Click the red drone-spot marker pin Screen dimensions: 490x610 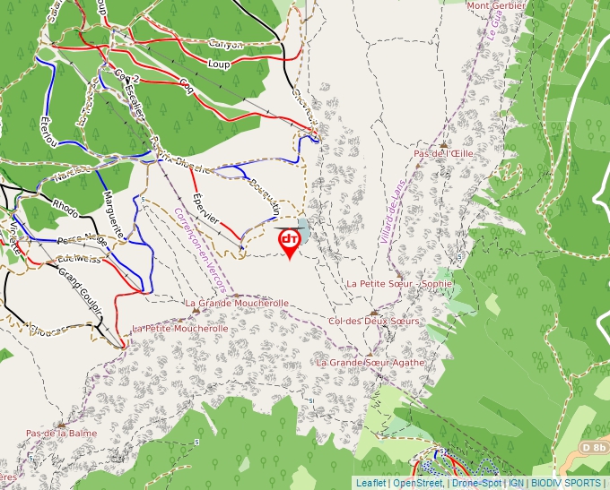pos(290,241)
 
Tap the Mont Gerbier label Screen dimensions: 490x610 pos(495,5)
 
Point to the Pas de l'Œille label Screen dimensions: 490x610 pos(443,154)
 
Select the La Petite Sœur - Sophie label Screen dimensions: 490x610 pos(399,284)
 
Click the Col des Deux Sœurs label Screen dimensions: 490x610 pos(374,322)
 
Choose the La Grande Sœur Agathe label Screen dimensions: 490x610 pos(370,363)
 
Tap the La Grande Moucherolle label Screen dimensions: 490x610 pos(237,304)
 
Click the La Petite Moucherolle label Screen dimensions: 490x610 pos(180,329)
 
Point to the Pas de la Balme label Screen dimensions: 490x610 pos(61,434)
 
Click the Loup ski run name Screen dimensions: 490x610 pos(219,64)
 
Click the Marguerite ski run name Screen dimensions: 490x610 pos(114,212)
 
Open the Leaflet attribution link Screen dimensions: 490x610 pos(370,483)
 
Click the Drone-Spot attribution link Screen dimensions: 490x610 pos(476,483)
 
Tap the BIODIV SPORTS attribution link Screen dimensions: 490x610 pos(565,483)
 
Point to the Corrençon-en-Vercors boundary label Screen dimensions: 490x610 pos(199,250)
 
